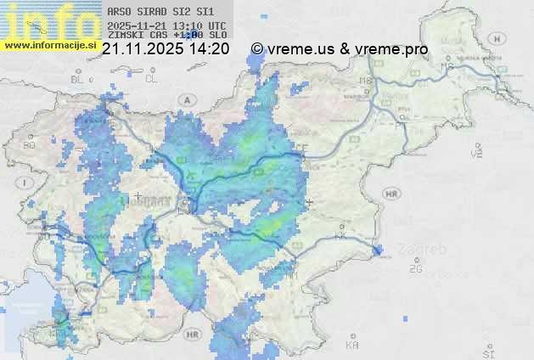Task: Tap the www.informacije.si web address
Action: (x=49, y=45)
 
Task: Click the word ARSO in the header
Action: (x=120, y=12)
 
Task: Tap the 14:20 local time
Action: (x=210, y=49)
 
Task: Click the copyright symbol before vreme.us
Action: (x=257, y=49)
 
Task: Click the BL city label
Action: (x=80, y=79)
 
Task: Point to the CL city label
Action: (x=152, y=78)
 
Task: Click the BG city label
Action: (x=30, y=145)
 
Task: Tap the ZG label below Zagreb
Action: (x=415, y=269)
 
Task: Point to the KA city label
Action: (x=352, y=346)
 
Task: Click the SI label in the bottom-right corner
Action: (x=487, y=351)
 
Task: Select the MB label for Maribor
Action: (x=367, y=81)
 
